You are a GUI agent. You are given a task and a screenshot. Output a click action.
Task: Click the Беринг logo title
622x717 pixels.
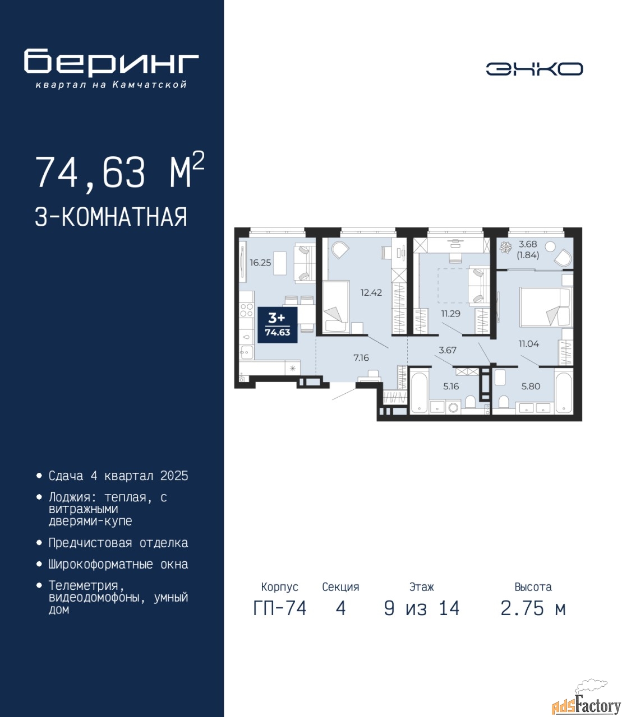pyautogui.click(x=111, y=63)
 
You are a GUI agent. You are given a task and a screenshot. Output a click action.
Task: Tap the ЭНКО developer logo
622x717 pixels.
pyautogui.click(x=534, y=69)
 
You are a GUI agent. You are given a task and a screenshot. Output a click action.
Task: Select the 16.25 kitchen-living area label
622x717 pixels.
pyautogui.click(x=260, y=263)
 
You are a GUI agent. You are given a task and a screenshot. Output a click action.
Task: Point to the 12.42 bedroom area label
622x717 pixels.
pyautogui.click(x=371, y=292)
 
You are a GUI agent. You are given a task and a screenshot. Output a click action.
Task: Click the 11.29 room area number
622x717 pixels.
pyautogui.click(x=451, y=314)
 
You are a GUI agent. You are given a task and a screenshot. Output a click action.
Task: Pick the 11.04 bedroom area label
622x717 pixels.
pyautogui.click(x=529, y=344)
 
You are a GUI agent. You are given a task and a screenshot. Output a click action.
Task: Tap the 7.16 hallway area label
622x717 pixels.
pyautogui.click(x=361, y=357)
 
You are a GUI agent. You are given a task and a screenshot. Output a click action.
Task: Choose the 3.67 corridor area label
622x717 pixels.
pyautogui.click(x=448, y=350)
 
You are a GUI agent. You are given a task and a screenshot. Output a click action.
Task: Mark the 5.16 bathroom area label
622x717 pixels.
pyautogui.click(x=451, y=386)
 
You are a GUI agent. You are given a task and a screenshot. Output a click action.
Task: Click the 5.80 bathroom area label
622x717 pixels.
pyautogui.click(x=531, y=386)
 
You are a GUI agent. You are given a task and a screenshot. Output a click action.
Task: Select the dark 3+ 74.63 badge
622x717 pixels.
pyautogui.click(x=278, y=325)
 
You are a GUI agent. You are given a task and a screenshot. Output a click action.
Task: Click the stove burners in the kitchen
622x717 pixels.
pyautogui.click(x=247, y=310)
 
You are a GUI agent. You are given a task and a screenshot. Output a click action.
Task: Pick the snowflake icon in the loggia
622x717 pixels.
pyautogui.click(x=506, y=248)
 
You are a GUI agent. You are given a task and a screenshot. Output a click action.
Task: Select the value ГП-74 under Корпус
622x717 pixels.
pyautogui.click(x=280, y=608)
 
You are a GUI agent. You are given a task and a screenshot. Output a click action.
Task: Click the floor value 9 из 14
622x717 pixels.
pyautogui.click(x=422, y=608)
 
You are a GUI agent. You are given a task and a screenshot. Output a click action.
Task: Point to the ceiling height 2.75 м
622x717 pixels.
pyautogui.click(x=533, y=608)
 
